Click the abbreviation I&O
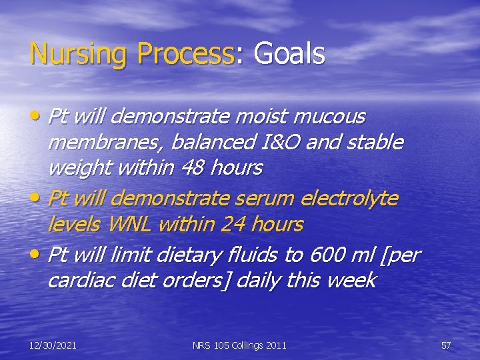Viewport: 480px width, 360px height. [x=271, y=142]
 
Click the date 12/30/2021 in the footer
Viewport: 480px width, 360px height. [x=53, y=345]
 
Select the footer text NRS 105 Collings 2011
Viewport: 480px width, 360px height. [x=239, y=345]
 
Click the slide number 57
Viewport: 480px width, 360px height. [x=446, y=345]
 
